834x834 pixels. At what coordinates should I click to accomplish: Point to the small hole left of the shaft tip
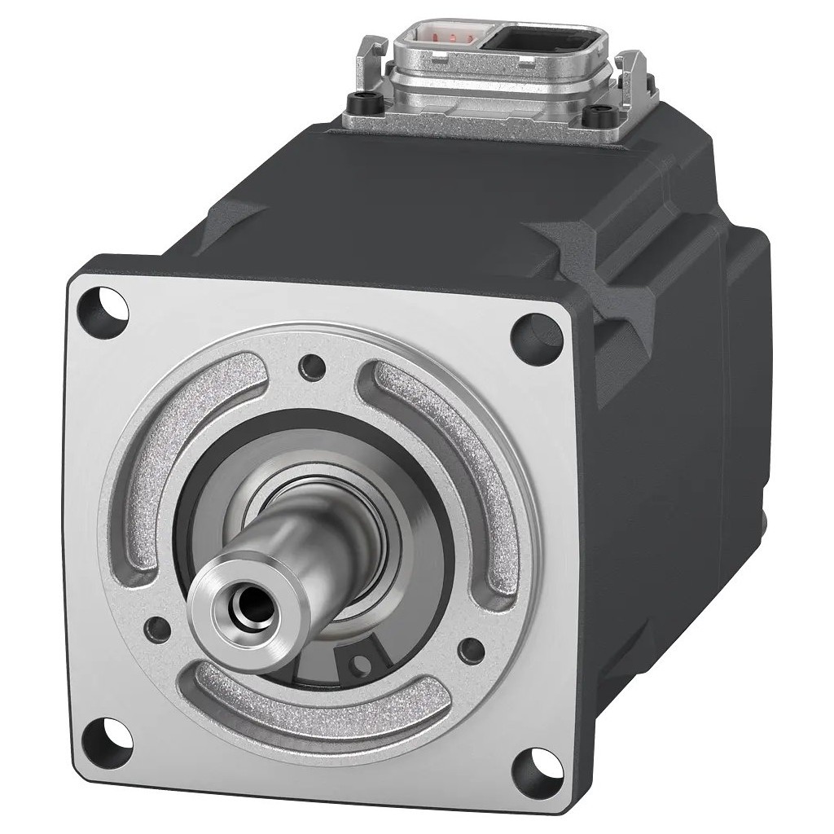pyautogui.click(x=153, y=625)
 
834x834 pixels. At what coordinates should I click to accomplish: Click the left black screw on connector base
pyautogui.click(x=358, y=104)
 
